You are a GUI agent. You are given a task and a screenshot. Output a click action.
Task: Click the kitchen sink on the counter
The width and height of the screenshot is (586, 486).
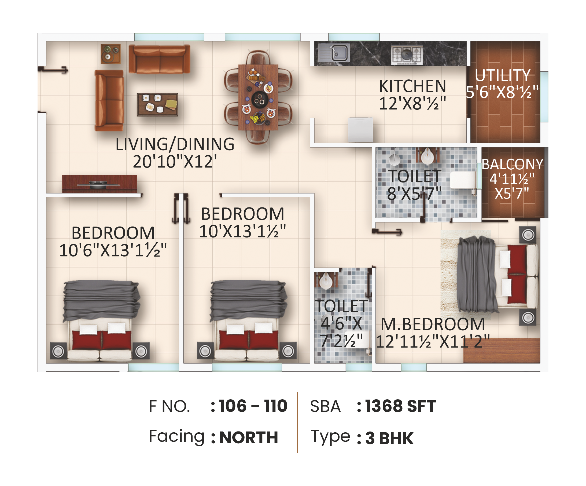pyautogui.click(x=339, y=53)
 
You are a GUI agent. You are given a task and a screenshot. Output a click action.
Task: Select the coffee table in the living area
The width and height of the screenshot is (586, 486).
pyautogui.click(x=157, y=104)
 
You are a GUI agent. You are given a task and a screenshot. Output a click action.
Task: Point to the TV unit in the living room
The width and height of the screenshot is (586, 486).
pyautogui.click(x=99, y=184)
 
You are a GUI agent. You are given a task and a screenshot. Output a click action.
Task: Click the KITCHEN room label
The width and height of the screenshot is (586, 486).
pyautogui.click(x=412, y=86)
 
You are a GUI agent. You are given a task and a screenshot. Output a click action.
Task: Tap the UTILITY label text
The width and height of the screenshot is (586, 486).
pyautogui.click(x=503, y=75)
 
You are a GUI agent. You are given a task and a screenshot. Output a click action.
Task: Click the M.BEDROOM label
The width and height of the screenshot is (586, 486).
pyautogui.click(x=433, y=324)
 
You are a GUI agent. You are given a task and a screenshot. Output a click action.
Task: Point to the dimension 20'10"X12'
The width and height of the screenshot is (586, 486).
pyautogui.click(x=175, y=162)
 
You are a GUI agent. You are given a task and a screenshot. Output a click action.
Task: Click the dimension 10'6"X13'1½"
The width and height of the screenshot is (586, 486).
pyautogui.click(x=113, y=250)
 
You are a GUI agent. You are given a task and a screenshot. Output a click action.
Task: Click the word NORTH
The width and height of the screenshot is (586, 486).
pyautogui.click(x=249, y=437)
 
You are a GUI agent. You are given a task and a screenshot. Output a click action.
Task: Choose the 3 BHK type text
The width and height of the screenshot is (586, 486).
pyautogui.click(x=389, y=438)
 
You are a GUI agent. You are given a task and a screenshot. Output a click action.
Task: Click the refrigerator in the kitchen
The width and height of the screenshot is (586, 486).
pyautogui.click(x=360, y=130)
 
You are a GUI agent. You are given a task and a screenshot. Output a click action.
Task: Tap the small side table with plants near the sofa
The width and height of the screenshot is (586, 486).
pyautogui.click(x=110, y=54)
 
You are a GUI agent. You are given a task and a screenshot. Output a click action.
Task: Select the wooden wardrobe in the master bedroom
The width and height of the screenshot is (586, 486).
pyautogui.click(x=502, y=350)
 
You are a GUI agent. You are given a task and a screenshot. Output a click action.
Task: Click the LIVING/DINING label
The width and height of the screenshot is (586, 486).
pyautogui.click(x=175, y=144)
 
